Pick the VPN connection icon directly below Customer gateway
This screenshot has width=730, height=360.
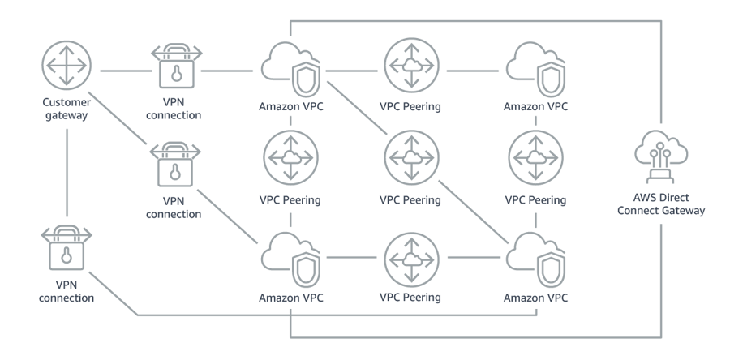tap(67, 249)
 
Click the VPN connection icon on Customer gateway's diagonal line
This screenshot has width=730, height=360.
tap(174, 166)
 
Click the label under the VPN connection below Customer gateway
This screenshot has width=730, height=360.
tap(67, 292)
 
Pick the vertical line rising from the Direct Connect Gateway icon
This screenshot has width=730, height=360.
tap(661, 81)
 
